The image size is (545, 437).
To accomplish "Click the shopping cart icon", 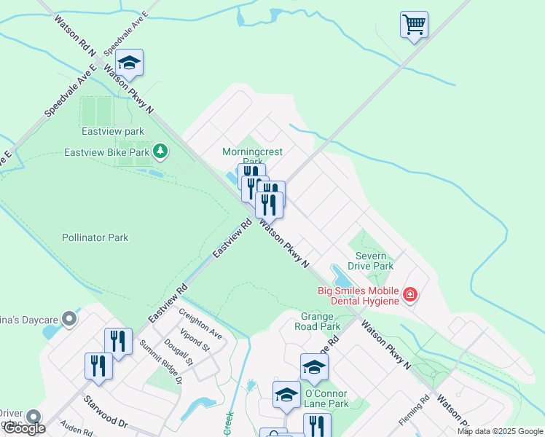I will [414, 25].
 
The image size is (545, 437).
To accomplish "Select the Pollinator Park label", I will [95, 237].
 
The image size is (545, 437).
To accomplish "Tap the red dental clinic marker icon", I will [410, 295].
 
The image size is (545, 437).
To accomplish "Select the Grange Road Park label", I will [317, 322].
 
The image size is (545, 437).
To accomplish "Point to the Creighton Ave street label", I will [200, 321].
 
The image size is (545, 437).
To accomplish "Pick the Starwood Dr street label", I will [105, 412].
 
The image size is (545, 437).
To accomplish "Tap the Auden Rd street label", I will [77, 431].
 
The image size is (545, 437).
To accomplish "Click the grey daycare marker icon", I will [69, 319].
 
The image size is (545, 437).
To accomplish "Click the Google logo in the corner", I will [24, 428].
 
